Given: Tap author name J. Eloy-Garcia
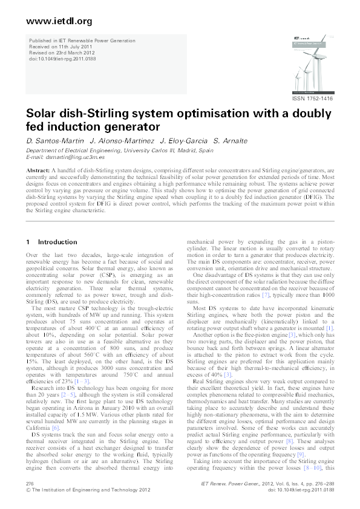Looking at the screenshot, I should point(176,140).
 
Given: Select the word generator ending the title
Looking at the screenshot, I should point(129,127).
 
